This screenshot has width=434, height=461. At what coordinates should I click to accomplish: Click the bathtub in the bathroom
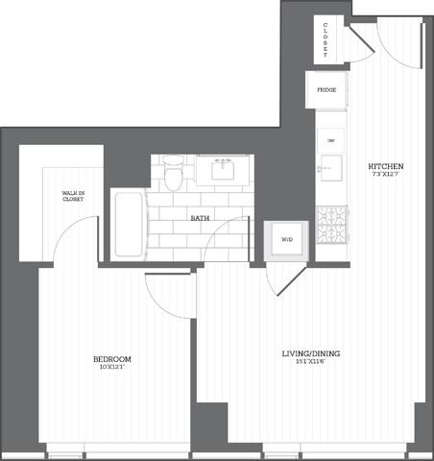coord(128,225)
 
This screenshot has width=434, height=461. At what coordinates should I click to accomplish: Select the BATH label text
coord(200,219)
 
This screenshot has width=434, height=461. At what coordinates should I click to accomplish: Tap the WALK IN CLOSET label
coord(73,198)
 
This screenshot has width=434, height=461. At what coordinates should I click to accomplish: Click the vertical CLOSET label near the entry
coord(325,39)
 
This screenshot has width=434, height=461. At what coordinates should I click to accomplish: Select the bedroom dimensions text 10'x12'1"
coord(111,368)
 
